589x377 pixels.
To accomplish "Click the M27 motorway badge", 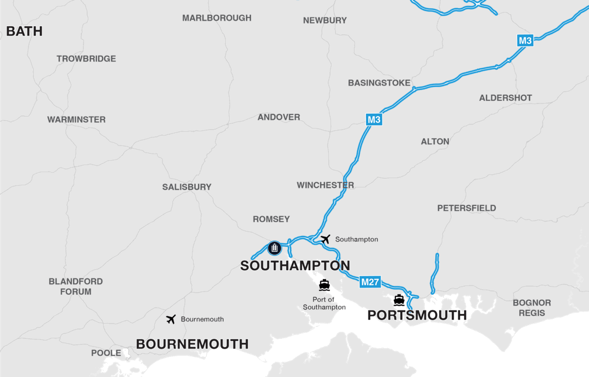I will (x=370, y=282).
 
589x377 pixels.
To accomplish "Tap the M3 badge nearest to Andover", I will (x=374, y=120).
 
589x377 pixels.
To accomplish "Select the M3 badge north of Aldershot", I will (x=525, y=40).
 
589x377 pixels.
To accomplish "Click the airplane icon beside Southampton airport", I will (x=326, y=239).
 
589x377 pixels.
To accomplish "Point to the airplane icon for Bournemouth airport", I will (x=171, y=319).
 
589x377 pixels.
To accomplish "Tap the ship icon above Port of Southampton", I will (x=324, y=285).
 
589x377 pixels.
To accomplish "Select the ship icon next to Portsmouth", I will (x=399, y=300).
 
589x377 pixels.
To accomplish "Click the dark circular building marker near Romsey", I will (x=274, y=248).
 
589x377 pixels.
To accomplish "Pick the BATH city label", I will (x=24, y=32).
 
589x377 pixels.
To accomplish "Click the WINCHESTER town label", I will (x=325, y=185).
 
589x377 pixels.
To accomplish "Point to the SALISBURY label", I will (x=187, y=187).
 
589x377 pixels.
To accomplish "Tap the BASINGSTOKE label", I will (x=379, y=83).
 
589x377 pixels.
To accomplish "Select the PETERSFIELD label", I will (x=466, y=208).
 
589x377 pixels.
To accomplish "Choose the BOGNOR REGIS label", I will (x=532, y=308).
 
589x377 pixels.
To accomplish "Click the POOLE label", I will (x=106, y=353).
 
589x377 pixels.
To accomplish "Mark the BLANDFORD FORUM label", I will (x=76, y=287).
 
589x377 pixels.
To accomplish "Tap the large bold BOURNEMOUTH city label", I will (x=192, y=344).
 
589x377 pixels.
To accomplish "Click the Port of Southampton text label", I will (x=324, y=303).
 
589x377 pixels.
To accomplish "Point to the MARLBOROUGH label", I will (x=217, y=18).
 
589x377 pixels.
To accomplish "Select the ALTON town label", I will (x=435, y=142).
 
